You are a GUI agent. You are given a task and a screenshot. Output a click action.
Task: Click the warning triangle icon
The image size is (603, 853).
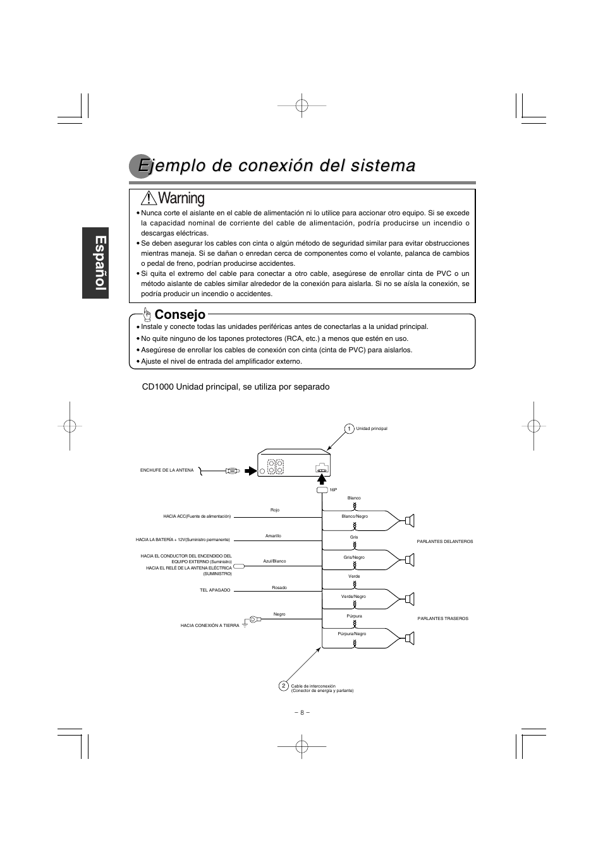(x=149, y=198)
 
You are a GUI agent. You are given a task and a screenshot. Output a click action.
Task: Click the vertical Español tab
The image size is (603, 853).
(x=98, y=264)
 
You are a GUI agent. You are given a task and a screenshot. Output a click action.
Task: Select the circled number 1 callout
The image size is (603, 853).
(x=348, y=429)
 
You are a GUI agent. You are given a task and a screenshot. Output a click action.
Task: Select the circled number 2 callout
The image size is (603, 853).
(x=283, y=686)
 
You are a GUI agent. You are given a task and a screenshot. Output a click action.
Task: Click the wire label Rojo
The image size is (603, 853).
(x=275, y=510)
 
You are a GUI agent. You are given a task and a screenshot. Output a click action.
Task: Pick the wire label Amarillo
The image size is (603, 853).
(x=273, y=535)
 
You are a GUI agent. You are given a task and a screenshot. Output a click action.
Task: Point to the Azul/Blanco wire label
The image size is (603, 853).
(x=274, y=561)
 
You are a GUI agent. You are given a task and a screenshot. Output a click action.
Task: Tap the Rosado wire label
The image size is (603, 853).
(x=279, y=588)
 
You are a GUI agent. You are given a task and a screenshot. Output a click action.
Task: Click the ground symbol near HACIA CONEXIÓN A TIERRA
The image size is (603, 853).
(x=245, y=625)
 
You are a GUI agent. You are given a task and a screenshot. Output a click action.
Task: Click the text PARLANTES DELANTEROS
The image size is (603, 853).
(x=445, y=541)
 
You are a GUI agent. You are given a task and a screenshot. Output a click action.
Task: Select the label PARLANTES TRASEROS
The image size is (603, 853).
(x=443, y=619)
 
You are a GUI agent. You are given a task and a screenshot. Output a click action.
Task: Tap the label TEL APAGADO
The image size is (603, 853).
(x=215, y=590)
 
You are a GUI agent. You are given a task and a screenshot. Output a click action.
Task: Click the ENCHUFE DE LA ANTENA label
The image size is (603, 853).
(x=167, y=470)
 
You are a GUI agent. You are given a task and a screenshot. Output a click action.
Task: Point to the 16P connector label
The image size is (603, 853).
(x=333, y=490)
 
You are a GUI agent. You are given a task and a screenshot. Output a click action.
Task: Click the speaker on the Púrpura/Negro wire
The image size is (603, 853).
(x=410, y=639)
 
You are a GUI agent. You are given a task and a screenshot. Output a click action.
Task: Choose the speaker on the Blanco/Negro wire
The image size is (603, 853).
(x=410, y=521)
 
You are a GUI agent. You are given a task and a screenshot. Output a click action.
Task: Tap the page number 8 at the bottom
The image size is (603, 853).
(x=302, y=712)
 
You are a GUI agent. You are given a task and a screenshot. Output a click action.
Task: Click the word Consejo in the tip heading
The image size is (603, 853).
(x=180, y=314)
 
